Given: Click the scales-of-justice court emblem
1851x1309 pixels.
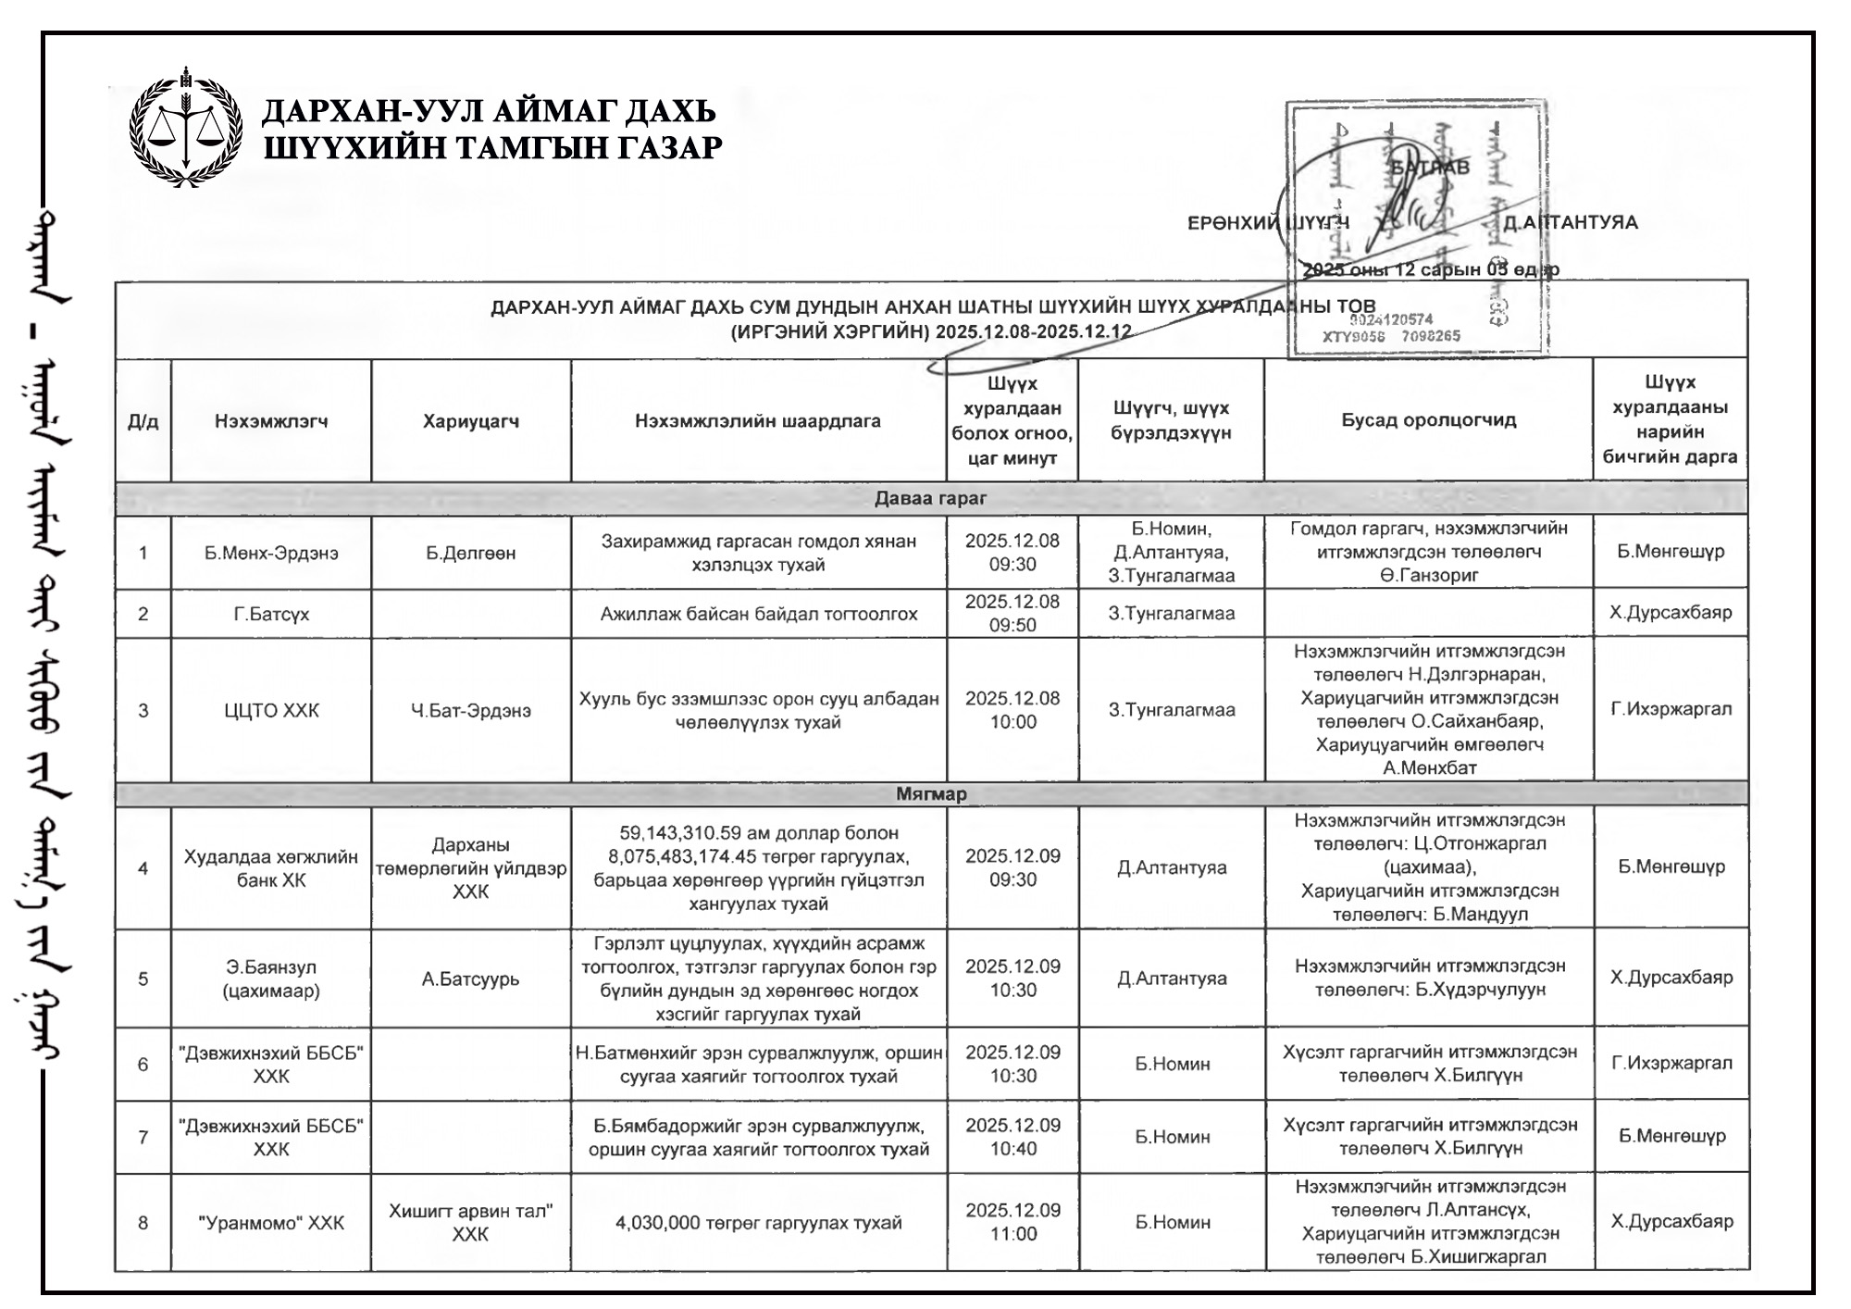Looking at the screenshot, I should [186, 127].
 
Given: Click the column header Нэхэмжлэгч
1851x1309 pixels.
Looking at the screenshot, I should [271, 421].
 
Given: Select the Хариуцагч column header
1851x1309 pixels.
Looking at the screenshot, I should [471, 421].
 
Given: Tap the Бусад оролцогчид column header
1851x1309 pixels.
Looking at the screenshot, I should [1429, 420].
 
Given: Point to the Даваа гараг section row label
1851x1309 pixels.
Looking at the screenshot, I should [931, 499].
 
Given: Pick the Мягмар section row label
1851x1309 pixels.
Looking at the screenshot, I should [931, 794].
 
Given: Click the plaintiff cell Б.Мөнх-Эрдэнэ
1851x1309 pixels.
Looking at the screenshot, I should [271, 553].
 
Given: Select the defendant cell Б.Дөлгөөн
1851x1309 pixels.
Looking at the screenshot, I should [471, 553].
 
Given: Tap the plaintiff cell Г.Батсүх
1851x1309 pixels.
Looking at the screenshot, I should [271, 614].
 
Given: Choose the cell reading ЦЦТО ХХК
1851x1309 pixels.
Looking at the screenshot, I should [271, 711].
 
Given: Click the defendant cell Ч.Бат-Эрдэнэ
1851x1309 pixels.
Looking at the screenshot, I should [471, 711].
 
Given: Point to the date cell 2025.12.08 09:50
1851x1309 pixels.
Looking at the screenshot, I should [1012, 613].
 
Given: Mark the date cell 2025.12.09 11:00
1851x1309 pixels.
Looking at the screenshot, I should [1012, 1222].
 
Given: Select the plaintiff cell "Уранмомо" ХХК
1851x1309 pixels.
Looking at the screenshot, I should [271, 1223].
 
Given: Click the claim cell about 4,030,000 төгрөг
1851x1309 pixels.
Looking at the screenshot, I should [759, 1223].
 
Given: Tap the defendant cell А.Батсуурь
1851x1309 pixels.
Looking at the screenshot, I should [471, 979].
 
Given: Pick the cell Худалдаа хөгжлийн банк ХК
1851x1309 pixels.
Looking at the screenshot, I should [271, 868].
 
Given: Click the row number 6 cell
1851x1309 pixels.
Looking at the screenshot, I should [143, 1065].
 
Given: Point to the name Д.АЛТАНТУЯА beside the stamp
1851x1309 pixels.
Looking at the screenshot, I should [1571, 222].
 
